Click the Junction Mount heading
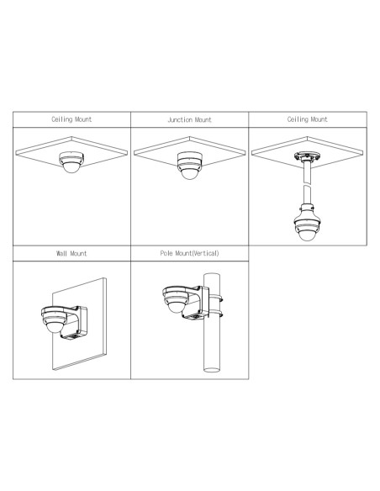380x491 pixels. [190, 119]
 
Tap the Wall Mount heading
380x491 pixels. [71, 253]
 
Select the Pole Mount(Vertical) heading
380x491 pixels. [190, 253]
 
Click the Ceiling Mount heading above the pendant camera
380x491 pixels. [308, 119]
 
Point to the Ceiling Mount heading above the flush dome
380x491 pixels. [71, 119]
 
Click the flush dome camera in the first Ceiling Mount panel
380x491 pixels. [71, 161]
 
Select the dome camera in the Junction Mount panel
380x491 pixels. [189, 165]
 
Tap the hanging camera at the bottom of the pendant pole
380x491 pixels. [307, 223]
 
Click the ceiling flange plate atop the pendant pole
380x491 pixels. [307, 156]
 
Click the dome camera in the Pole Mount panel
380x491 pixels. [176, 299]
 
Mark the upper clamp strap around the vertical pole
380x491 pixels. [216, 298]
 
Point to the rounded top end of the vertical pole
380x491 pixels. [212, 275]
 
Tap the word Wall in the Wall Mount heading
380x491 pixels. [61, 253]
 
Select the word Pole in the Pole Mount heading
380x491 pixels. [166, 253]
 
